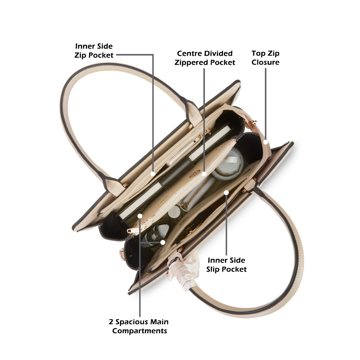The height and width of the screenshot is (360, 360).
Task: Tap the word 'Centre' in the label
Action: click(x=188, y=53)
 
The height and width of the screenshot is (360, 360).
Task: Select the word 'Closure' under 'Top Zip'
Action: click(x=265, y=62)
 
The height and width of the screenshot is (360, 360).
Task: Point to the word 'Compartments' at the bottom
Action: click(x=139, y=331)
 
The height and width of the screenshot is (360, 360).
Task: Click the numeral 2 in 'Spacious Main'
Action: click(x=111, y=322)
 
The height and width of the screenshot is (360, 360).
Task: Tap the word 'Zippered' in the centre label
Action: click(x=191, y=62)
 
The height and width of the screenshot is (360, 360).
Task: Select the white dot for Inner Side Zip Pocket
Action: click(x=153, y=174)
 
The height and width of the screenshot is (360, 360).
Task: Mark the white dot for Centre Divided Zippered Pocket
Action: click(x=204, y=174)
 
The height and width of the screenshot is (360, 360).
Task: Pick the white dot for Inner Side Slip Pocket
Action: click(x=226, y=192)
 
